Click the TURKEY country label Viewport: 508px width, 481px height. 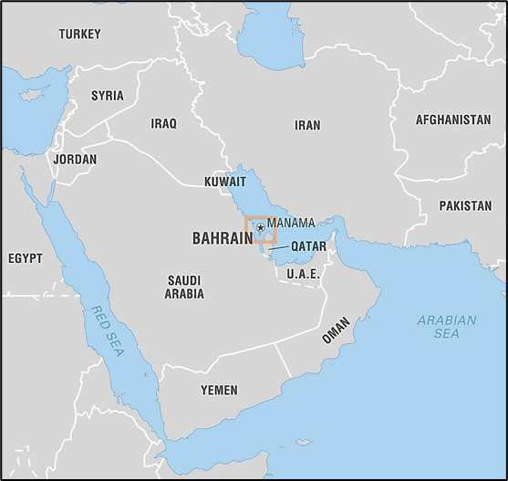[x=80, y=35]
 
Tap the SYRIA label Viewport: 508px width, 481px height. [x=107, y=96]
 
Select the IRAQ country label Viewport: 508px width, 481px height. [x=163, y=123]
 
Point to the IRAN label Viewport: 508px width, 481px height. [x=307, y=125]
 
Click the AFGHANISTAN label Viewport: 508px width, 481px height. [x=452, y=120]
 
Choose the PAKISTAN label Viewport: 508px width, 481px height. [x=464, y=206]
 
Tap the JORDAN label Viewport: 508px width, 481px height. [x=75, y=159]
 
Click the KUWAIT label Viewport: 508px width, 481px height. [x=224, y=182]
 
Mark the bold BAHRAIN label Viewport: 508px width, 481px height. [x=222, y=238]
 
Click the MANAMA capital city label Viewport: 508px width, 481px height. [x=291, y=223]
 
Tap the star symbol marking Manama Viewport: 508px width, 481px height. [x=261, y=227]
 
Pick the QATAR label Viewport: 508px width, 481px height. [x=308, y=246]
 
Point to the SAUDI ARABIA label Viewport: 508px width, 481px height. [x=184, y=287]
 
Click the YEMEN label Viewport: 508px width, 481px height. [x=219, y=390]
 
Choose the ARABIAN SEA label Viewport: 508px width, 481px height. [x=446, y=327]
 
